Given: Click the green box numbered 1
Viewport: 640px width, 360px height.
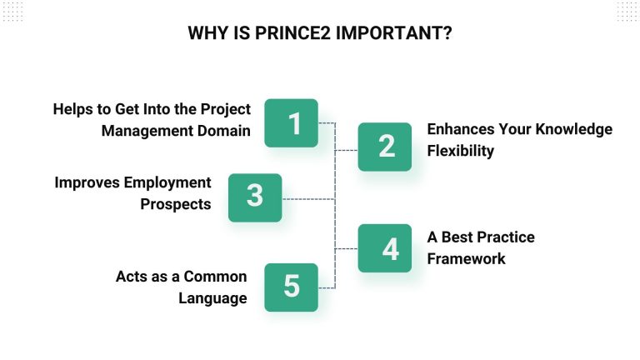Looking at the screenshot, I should [291, 123].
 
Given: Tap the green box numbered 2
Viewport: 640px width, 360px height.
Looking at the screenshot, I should [385, 147].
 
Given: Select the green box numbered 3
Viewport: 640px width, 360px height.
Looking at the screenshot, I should [255, 197].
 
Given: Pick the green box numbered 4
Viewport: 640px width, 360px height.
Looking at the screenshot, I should [385, 248].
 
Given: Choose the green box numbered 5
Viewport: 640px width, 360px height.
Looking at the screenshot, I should [291, 287].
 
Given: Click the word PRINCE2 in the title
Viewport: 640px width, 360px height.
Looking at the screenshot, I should [288, 34].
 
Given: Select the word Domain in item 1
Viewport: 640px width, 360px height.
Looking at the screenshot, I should [223, 131].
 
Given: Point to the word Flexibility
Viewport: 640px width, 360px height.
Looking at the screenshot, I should [461, 151].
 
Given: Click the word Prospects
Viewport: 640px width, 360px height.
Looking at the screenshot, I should [176, 203].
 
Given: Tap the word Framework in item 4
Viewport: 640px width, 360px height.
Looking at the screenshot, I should [467, 258].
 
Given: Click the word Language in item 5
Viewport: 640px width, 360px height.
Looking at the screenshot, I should [212, 298].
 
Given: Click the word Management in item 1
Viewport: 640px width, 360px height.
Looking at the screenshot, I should [146, 131].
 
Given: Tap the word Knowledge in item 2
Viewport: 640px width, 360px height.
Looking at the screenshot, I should [572, 129].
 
